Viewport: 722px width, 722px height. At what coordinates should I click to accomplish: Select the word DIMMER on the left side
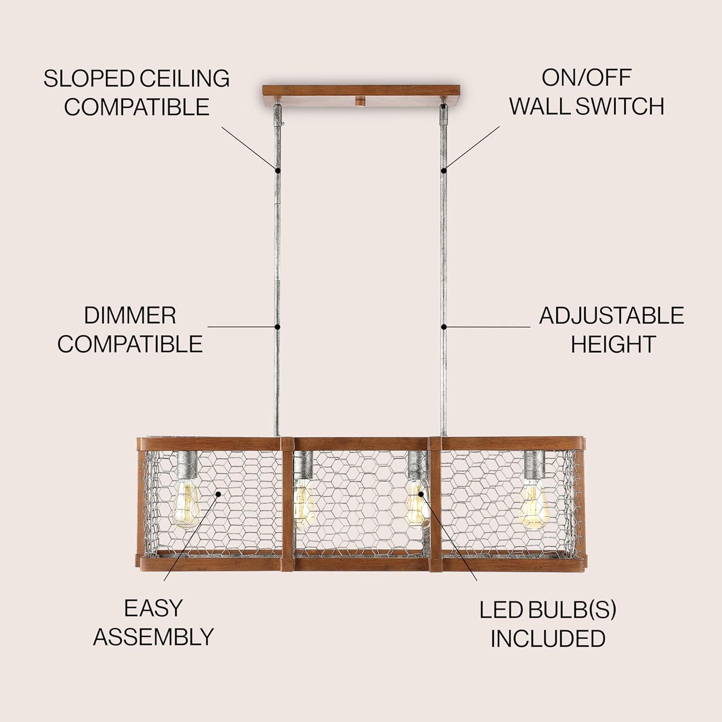click(x=130, y=316)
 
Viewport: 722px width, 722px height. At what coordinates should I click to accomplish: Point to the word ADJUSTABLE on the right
click(x=611, y=316)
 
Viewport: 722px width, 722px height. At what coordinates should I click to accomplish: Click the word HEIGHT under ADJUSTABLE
click(x=613, y=344)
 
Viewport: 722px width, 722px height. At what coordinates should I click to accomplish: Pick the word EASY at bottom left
click(x=153, y=608)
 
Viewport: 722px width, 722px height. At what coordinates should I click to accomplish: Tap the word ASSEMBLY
click(x=153, y=637)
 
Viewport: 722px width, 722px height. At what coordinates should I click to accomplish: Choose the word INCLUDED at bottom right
click(x=548, y=638)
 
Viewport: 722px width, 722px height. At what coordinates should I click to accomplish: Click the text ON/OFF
click(x=586, y=78)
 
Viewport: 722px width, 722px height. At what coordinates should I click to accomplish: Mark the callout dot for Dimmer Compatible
click(x=278, y=327)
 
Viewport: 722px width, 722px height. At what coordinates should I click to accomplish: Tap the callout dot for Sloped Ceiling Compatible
click(x=277, y=169)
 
